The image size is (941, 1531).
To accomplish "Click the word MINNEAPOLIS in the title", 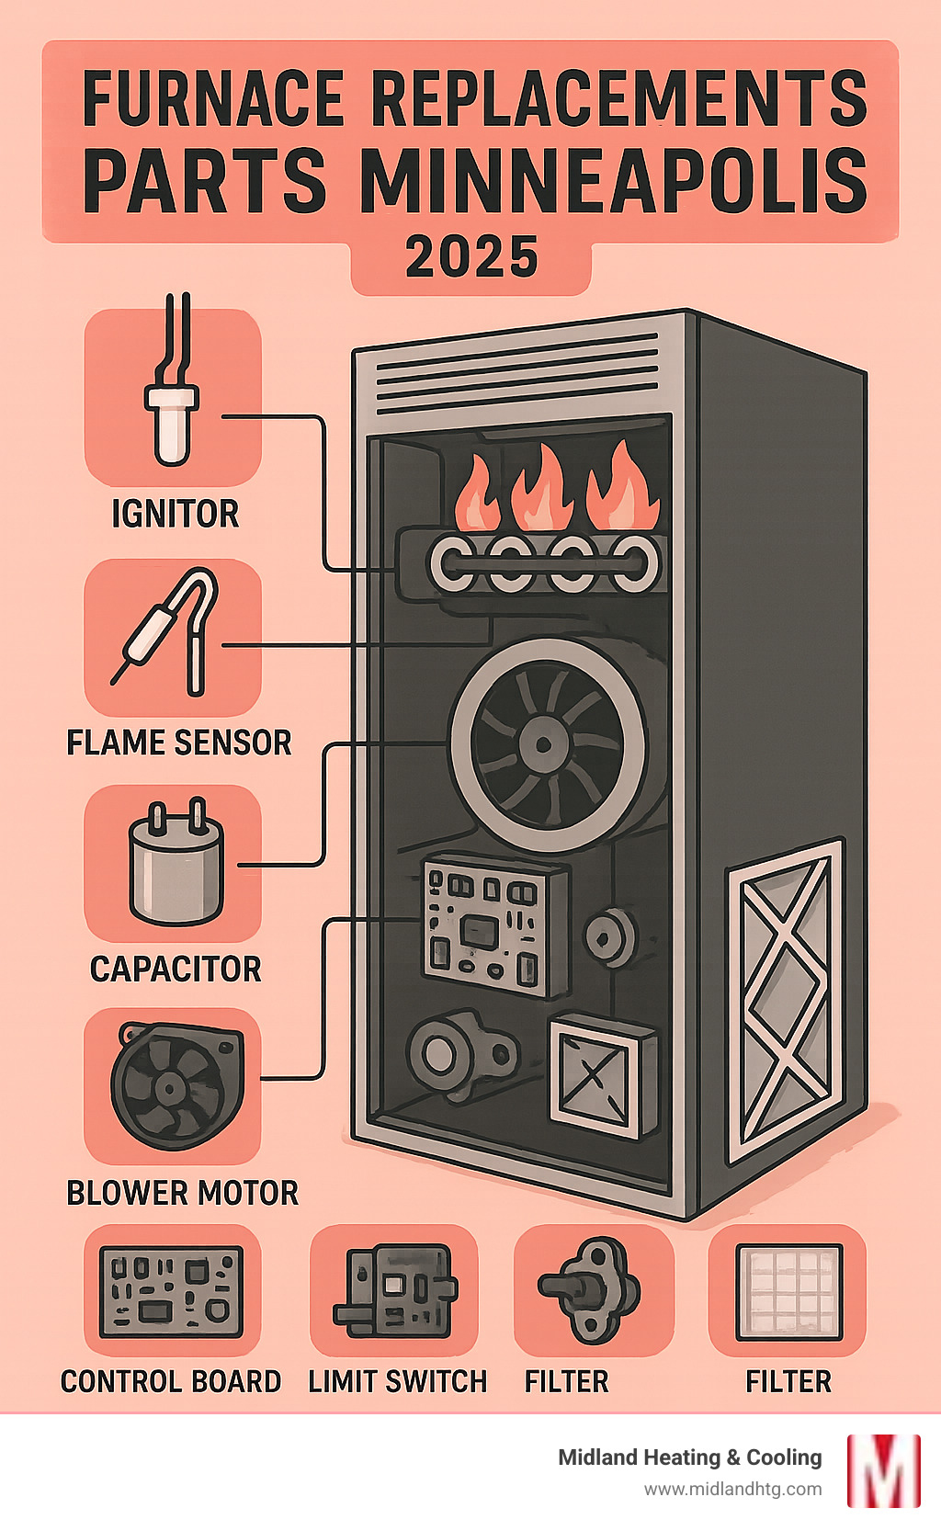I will [613, 179].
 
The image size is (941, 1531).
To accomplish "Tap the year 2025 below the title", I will [471, 257].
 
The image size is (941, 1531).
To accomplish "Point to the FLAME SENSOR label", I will [179, 743].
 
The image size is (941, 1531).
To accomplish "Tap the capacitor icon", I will [176, 864].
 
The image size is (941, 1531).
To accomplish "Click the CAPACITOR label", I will [176, 969].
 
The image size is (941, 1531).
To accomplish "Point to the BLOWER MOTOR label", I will [183, 1193].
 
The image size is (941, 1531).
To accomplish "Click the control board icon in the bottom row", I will [172, 1290].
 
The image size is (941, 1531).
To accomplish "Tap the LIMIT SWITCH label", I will [397, 1381].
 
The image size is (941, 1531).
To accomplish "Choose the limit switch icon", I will [395, 1290].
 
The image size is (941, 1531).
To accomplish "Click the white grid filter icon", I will [788, 1290].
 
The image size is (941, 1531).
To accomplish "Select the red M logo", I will [883, 1470].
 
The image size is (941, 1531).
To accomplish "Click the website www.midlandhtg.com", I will [732, 1489].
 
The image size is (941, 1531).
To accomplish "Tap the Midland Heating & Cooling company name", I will [690, 1457].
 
